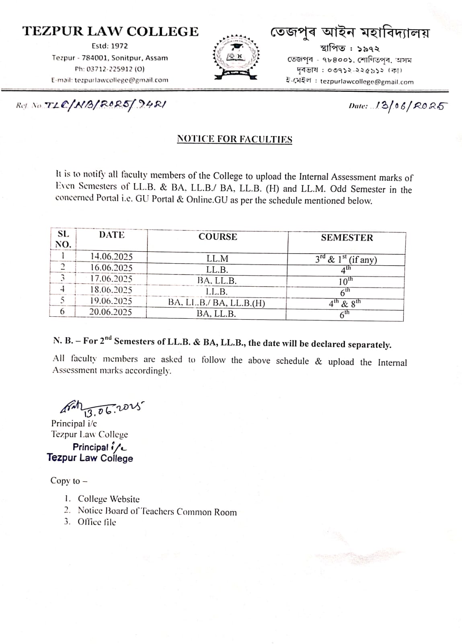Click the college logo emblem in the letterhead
point(236,56)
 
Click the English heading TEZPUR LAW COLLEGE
point(110,31)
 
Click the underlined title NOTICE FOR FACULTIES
point(234,139)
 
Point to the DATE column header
point(111,235)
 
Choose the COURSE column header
point(218,237)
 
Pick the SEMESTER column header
point(347,237)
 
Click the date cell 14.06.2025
point(111,257)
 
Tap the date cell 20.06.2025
point(111,312)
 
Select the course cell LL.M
point(217,259)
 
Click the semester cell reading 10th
point(345,281)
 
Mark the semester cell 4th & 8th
point(345,303)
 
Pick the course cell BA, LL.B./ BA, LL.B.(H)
point(217,303)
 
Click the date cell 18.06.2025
point(111,290)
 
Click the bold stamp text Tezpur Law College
point(90,458)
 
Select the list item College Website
point(109,499)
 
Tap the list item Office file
point(97,522)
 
